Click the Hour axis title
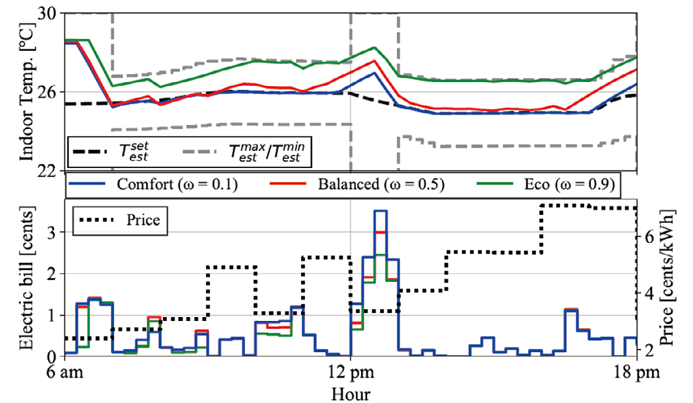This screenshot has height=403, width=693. point(351,394)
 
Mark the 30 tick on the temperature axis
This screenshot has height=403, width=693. point(50,13)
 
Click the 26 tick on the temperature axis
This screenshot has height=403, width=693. point(50,92)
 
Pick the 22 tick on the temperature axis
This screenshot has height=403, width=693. point(50,171)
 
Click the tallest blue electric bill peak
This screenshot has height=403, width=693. point(380,211)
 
